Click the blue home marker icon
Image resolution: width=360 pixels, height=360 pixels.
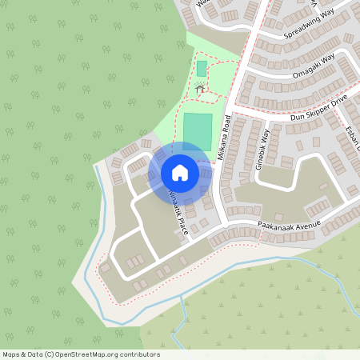pyautogui.click(x=179, y=173)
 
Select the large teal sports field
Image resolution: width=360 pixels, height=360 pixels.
pyautogui.click(x=198, y=130)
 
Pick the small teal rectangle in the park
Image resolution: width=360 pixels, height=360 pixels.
pyautogui.click(x=202, y=69)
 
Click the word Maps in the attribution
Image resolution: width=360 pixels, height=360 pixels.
pyautogui.click(x=11, y=354)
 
